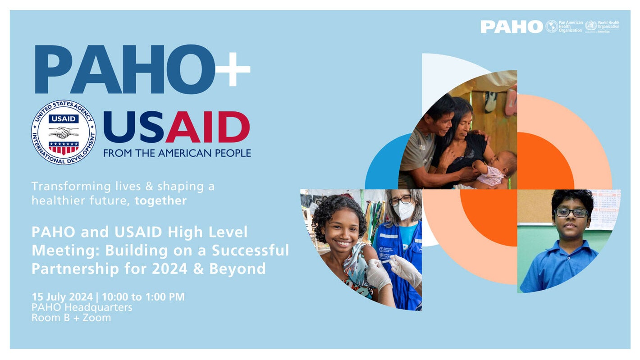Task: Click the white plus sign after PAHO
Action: coord(233,69)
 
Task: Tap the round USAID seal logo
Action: coord(64,132)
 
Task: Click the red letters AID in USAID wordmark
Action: coord(208,128)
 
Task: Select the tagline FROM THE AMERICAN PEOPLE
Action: coord(177,153)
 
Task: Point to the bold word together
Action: coord(160,201)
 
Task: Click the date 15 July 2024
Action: coord(62,297)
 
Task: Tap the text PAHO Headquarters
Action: coord(82,307)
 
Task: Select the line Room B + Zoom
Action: coord(71,318)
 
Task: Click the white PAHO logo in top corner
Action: coord(512,27)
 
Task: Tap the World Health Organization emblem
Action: coord(591,26)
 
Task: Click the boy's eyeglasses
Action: coord(571,213)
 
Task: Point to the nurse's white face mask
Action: coord(404,211)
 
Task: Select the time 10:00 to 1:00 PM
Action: coord(143,297)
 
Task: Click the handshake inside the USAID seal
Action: coord(64,132)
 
